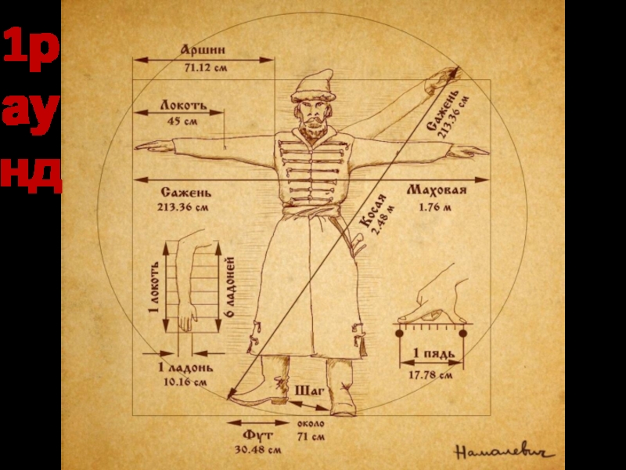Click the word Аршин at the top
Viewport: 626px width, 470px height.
coord(204,50)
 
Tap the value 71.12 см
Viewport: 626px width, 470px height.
coord(205,68)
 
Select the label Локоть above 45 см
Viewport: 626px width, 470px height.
coord(182,103)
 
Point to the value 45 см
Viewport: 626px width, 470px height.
coord(182,121)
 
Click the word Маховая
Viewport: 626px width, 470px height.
coord(437,191)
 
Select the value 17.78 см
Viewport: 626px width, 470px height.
coord(430,375)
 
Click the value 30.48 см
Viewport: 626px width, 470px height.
coord(257,450)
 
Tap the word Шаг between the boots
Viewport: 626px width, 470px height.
coord(309,389)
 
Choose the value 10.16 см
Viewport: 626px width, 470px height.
coord(185,382)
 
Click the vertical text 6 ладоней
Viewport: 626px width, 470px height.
coord(231,286)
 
